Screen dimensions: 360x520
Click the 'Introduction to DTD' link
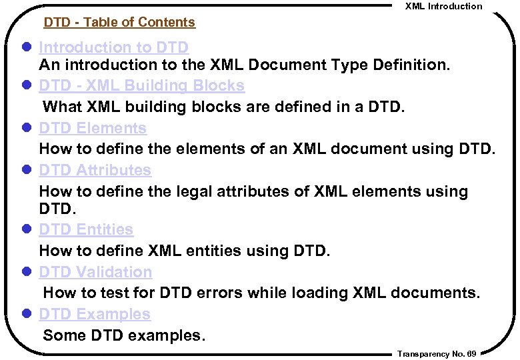tap(114, 48)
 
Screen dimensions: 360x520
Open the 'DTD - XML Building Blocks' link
tap(141, 86)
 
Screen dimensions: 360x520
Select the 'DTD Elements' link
tap(93, 128)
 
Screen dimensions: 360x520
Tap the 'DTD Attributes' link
tap(95, 171)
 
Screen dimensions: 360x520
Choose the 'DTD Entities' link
tap(86, 229)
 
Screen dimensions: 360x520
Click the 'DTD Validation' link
tap(95, 272)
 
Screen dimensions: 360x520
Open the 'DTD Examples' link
tap(95, 314)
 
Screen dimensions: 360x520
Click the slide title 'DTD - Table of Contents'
tap(119, 23)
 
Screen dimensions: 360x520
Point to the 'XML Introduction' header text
tap(443, 6)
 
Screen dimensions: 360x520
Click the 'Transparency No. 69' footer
tap(436, 354)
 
